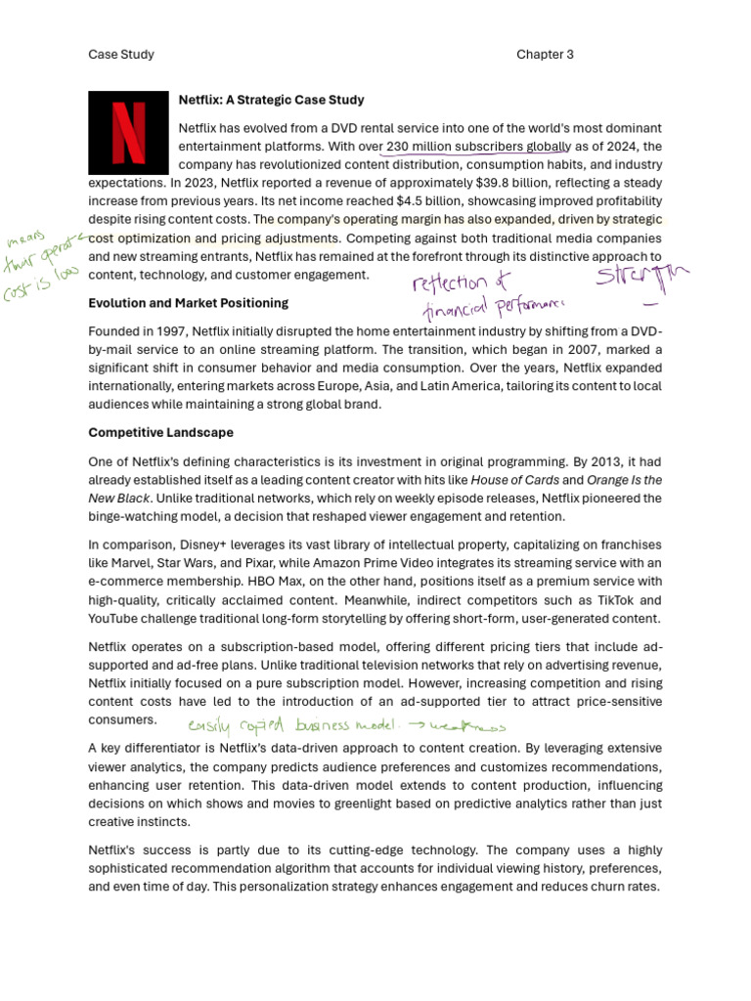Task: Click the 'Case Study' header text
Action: [121, 55]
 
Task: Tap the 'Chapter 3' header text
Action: [545, 55]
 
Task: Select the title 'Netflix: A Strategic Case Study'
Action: [271, 100]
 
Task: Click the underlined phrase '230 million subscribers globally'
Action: [478, 147]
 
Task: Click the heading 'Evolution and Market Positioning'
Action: [188, 303]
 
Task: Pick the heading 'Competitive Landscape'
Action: [160, 432]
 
